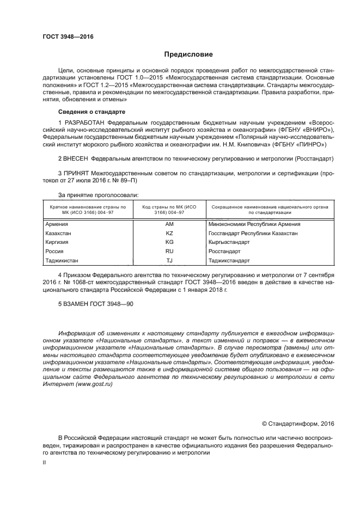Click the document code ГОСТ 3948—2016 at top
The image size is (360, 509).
[x=68, y=36]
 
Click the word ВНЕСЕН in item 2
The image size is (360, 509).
[x=76, y=158]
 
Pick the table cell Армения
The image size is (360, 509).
[x=57, y=224]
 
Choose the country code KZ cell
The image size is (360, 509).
[x=169, y=233]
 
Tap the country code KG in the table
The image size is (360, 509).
[x=169, y=242]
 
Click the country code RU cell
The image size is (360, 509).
[x=169, y=251]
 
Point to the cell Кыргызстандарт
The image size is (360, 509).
[x=230, y=242]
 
